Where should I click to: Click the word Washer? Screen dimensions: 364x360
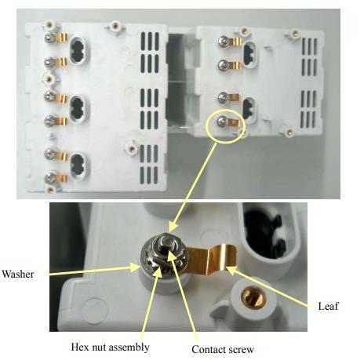pos(18,275)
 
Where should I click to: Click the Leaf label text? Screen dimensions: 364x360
pos(328,306)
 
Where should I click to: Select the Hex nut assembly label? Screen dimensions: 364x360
pos(110,347)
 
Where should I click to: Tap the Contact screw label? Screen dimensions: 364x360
pos(223,349)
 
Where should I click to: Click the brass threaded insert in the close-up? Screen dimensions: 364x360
pos(253,297)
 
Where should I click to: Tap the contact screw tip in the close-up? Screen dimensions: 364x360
pos(166,242)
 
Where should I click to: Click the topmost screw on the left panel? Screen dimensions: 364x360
pos(49,38)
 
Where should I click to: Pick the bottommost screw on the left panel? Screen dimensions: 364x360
pos(49,178)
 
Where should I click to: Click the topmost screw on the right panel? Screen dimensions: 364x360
pos(223,41)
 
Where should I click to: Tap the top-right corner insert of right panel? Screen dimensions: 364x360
pos(295,33)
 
